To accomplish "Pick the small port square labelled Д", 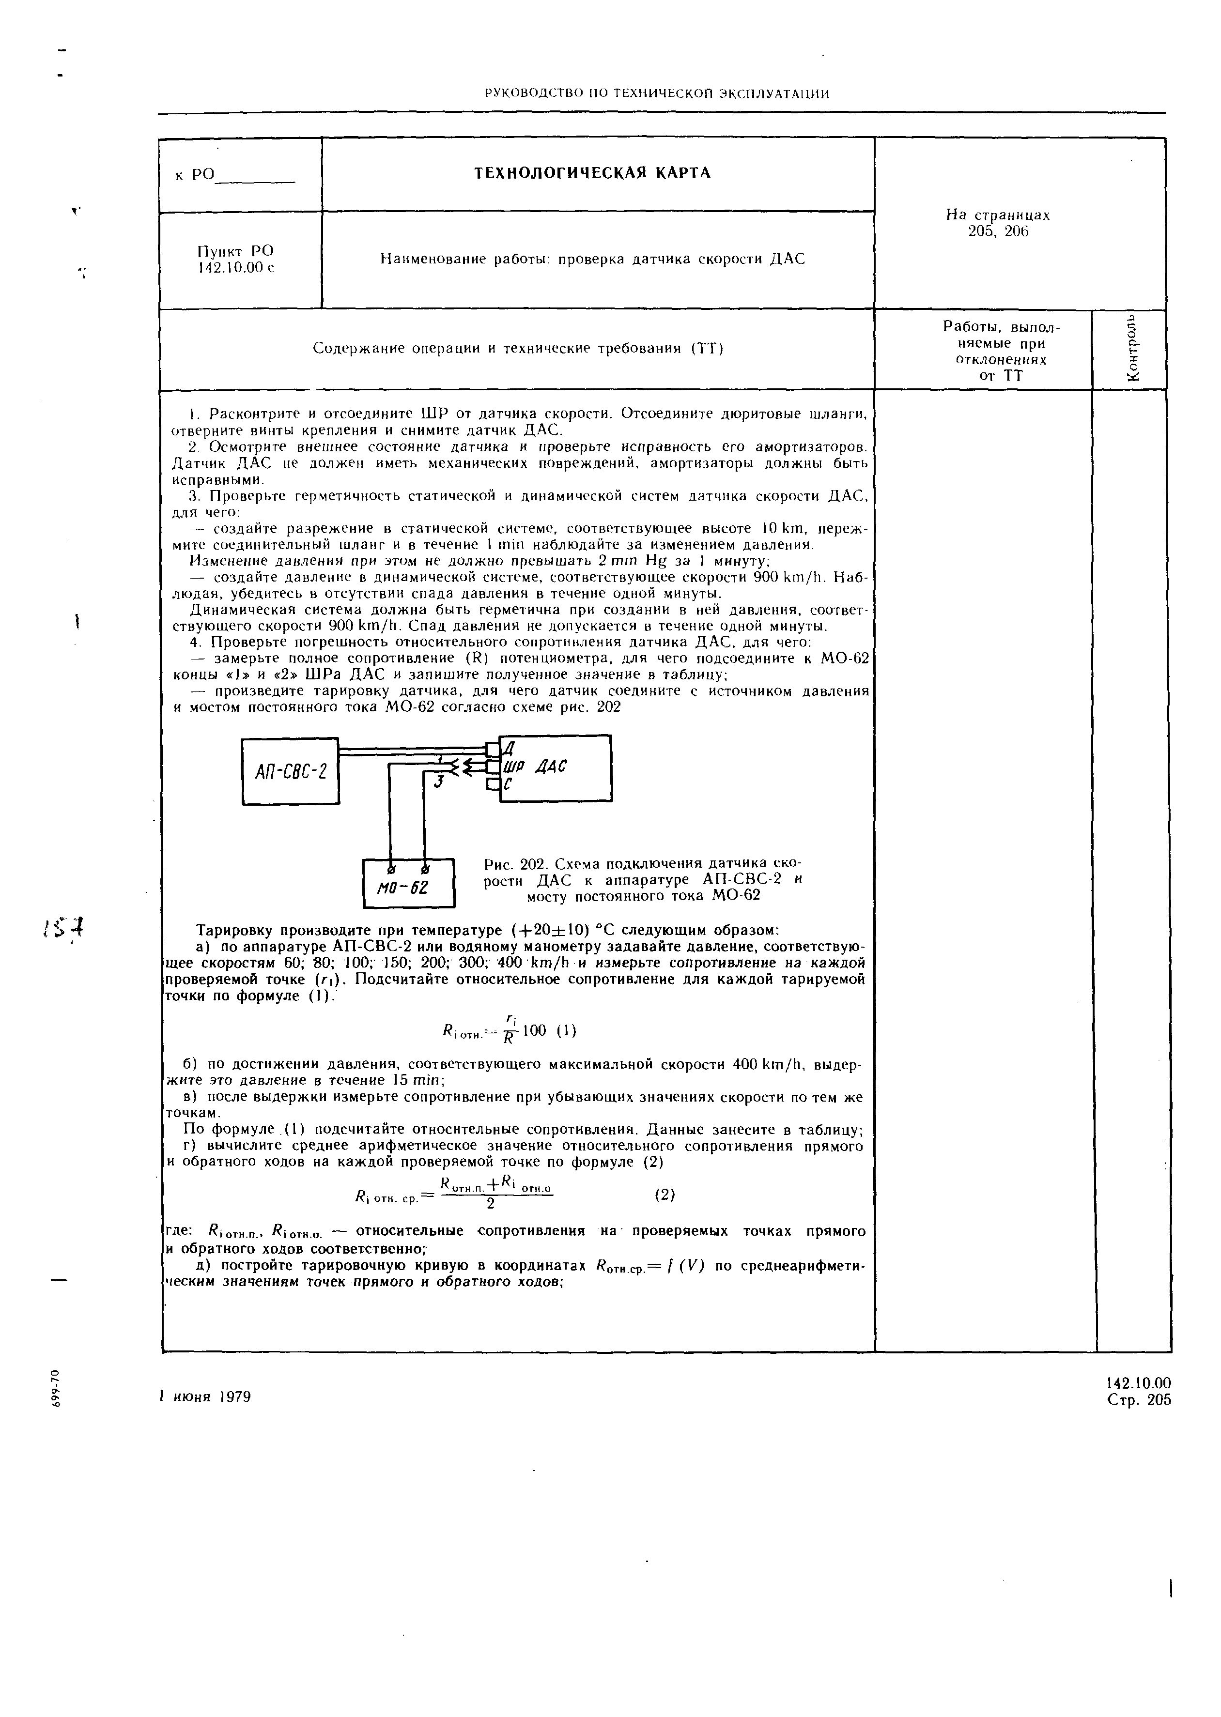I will click(x=492, y=749).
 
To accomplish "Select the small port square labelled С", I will click(x=492, y=784).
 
